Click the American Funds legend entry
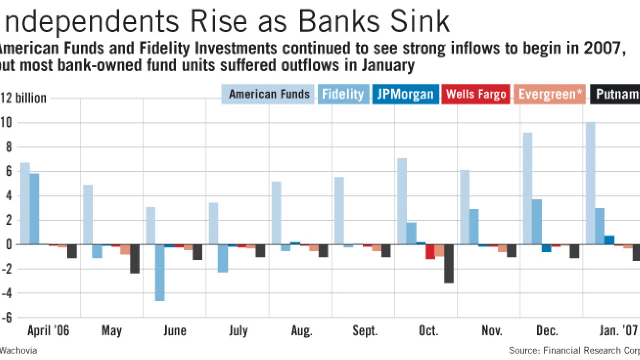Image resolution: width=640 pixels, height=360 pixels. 268,94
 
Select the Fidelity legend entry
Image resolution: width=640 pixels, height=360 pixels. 343,94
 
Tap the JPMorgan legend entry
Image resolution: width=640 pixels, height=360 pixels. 405,94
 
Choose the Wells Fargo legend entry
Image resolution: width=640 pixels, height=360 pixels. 476,94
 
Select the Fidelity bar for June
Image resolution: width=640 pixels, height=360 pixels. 160,272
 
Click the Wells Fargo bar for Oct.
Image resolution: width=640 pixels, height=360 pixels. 430,251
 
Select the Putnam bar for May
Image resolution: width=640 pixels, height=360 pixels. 135,259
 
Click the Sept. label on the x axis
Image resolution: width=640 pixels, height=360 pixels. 365,331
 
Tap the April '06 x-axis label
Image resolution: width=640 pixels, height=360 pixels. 48,331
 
